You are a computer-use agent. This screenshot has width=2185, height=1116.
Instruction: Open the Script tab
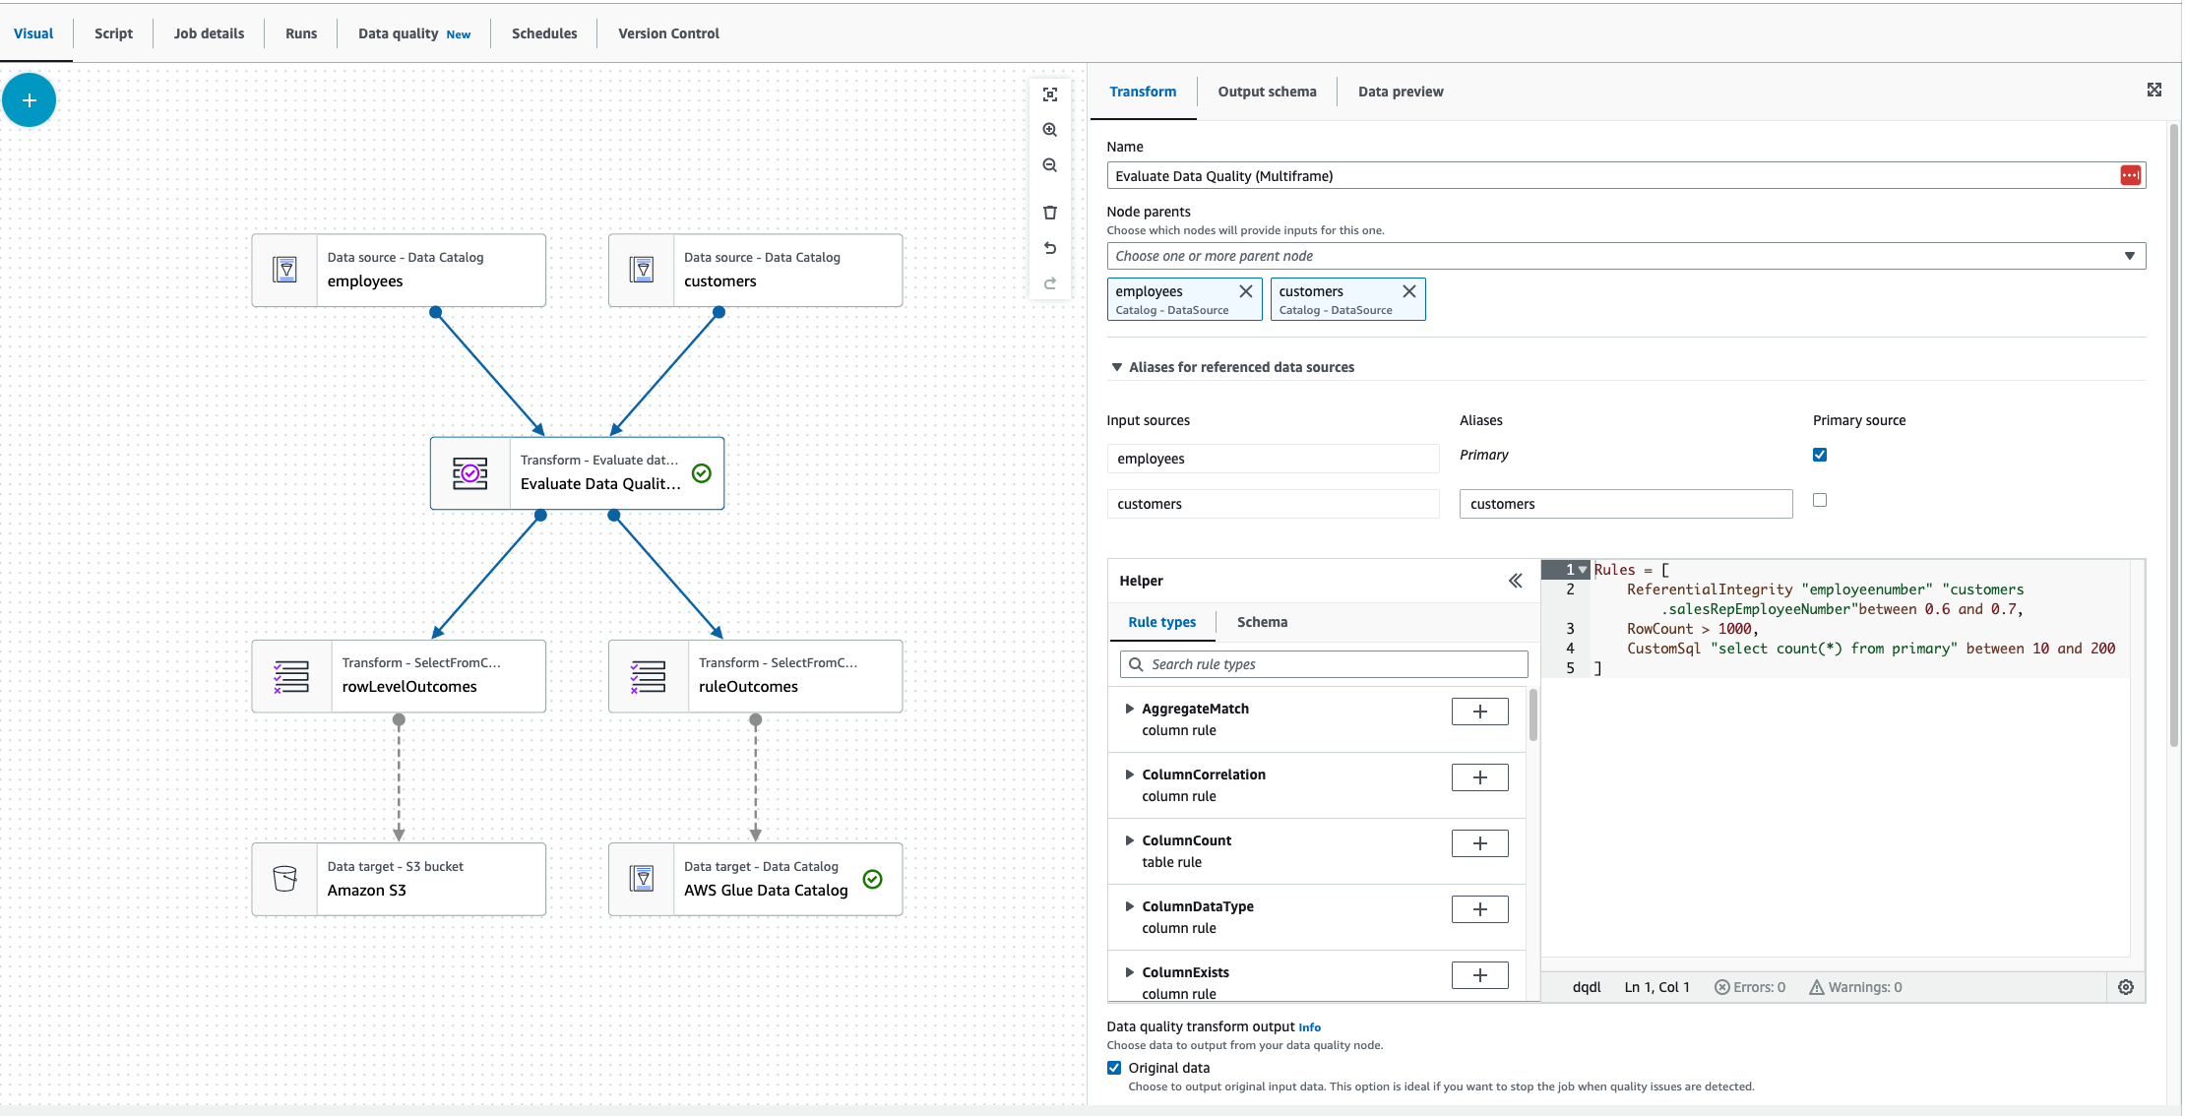(x=113, y=33)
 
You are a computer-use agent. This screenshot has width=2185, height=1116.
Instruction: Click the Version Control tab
(x=668, y=33)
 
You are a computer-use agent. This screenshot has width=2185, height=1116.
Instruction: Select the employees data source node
(x=399, y=271)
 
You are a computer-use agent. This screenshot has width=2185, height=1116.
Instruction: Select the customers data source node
(x=755, y=271)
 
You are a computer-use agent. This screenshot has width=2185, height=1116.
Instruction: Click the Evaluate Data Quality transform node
(x=577, y=473)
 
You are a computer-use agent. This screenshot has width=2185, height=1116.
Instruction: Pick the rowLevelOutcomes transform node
(x=399, y=676)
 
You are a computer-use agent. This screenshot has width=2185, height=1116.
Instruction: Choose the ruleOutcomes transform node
(x=755, y=676)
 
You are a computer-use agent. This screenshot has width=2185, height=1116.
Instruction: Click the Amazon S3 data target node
(x=399, y=879)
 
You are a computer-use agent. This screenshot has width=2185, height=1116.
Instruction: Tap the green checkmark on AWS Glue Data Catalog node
(x=872, y=879)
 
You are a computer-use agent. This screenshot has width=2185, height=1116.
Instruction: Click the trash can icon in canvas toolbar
(x=1050, y=213)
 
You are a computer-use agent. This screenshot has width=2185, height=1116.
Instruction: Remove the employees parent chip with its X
(x=1245, y=291)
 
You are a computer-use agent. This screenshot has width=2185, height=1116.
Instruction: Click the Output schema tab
(x=1267, y=92)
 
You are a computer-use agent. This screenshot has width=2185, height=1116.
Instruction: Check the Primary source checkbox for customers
(x=1820, y=500)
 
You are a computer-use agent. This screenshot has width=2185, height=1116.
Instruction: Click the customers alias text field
(x=1625, y=504)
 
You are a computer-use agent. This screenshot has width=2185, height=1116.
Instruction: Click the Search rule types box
(x=1324, y=664)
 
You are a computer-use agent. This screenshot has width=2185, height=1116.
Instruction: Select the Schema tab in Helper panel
(x=1262, y=622)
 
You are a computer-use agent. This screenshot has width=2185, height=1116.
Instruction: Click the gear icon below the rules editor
(x=2126, y=987)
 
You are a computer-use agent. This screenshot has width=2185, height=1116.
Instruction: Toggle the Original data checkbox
(x=1114, y=1068)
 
